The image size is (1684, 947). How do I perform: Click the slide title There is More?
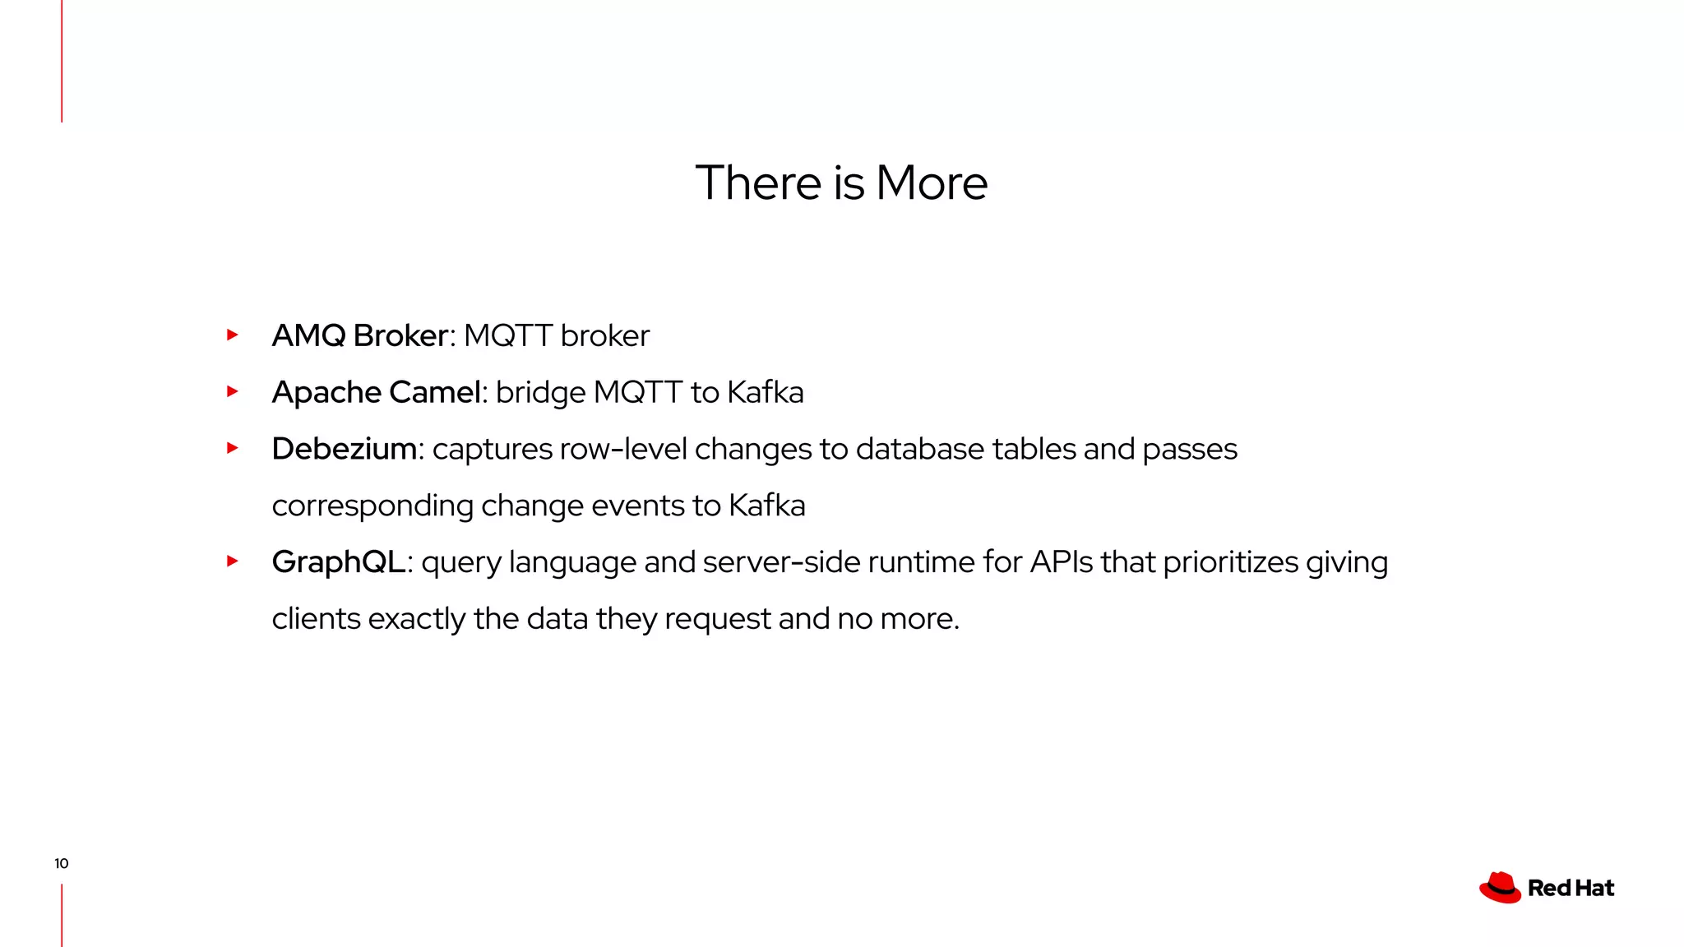pos(841,182)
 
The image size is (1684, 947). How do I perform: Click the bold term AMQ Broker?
pos(359,335)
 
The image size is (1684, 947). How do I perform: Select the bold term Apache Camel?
pos(376,392)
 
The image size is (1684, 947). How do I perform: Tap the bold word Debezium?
pos(344,449)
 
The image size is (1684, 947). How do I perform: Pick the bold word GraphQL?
pos(338,562)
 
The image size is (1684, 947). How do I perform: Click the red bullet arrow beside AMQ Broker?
pos(233,335)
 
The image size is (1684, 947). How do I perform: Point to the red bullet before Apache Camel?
pos(233,391)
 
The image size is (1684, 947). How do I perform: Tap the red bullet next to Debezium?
pos(233,448)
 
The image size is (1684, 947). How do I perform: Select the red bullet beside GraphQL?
pos(233,561)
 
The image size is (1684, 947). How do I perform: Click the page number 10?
pos(62,863)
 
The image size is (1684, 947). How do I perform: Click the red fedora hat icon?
pos(1500,888)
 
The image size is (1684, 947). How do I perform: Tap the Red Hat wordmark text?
pos(1571,889)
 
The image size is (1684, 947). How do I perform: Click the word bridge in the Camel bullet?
pos(540,393)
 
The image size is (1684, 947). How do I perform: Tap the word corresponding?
pos(372,506)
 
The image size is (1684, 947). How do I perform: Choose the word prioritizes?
pos(1230,562)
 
